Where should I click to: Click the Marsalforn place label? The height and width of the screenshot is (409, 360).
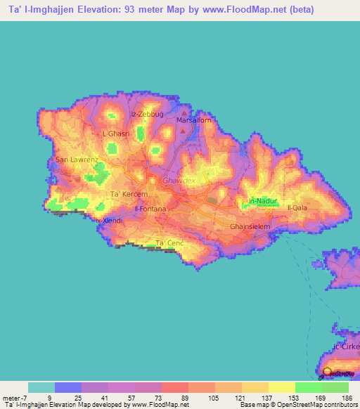pos(189,120)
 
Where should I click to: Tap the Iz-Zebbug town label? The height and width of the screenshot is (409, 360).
pos(146,113)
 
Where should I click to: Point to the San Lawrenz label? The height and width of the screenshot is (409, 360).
pos(77,160)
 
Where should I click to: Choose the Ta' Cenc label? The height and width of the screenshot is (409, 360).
pos(169,243)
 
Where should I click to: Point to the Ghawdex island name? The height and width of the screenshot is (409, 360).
pos(177,181)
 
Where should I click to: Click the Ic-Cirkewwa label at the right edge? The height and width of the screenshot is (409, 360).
pos(347,347)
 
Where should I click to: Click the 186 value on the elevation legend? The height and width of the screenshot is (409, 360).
pos(347,397)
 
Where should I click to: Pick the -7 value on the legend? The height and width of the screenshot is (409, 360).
pos(20,397)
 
